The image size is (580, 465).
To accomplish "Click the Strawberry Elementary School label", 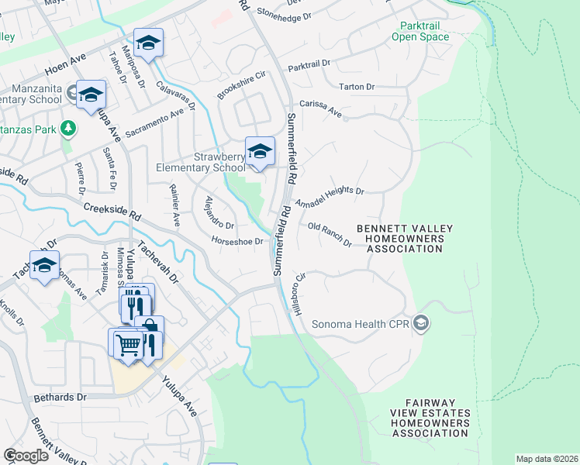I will [x=200, y=161].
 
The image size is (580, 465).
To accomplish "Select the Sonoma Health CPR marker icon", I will [x=421, y=322].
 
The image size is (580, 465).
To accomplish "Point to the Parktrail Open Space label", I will [x=419, y=31].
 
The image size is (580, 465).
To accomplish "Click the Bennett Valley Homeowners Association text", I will [x=404, y=239].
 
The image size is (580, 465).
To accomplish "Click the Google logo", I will [x=26, y=456].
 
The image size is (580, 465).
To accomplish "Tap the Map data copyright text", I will [x=547, y=459].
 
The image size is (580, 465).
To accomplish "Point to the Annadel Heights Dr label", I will [x=330, y=192].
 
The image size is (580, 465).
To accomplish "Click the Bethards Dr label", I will [x=60, y=397].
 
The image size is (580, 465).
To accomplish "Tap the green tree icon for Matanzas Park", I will [x=68, y=126].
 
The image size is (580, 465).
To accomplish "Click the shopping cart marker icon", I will [x=128, y=343].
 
